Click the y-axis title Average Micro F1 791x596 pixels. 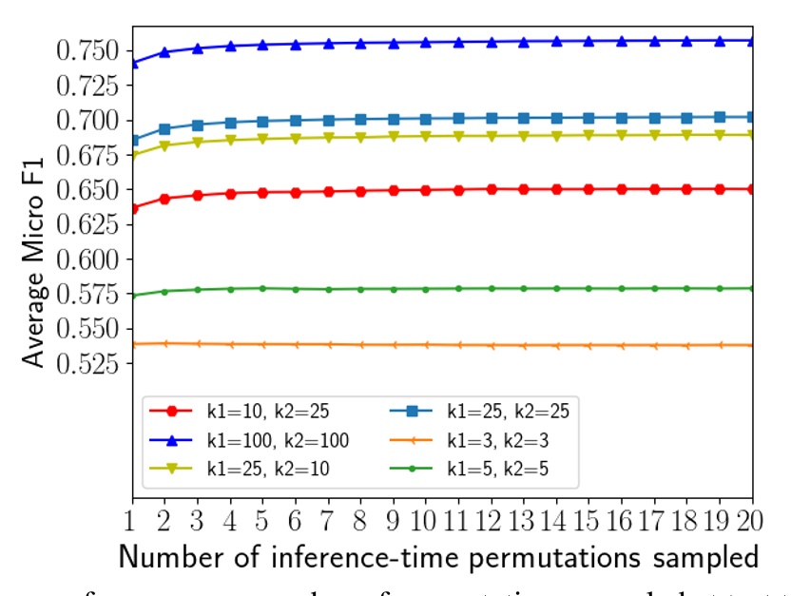tap(35, 249)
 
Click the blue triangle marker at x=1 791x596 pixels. tap(132, 63)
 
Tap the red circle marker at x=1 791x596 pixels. tap(132, 208)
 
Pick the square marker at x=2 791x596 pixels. tap(164, 128)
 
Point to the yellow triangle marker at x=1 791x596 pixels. tap(132, 155)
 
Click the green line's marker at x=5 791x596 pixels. tap(262, 288)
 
